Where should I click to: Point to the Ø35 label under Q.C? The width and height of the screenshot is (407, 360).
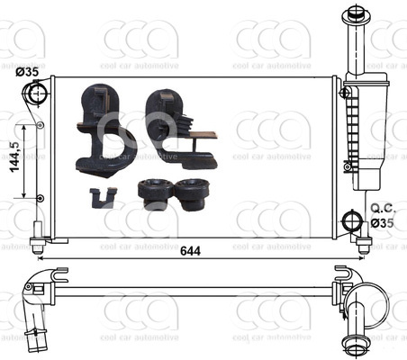click(382, 222)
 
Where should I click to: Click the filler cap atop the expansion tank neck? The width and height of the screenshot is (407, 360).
click(351, 15)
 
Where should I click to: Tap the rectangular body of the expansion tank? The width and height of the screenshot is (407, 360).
click(370, 130)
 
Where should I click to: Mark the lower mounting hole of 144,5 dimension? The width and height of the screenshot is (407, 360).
click(39, 198)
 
